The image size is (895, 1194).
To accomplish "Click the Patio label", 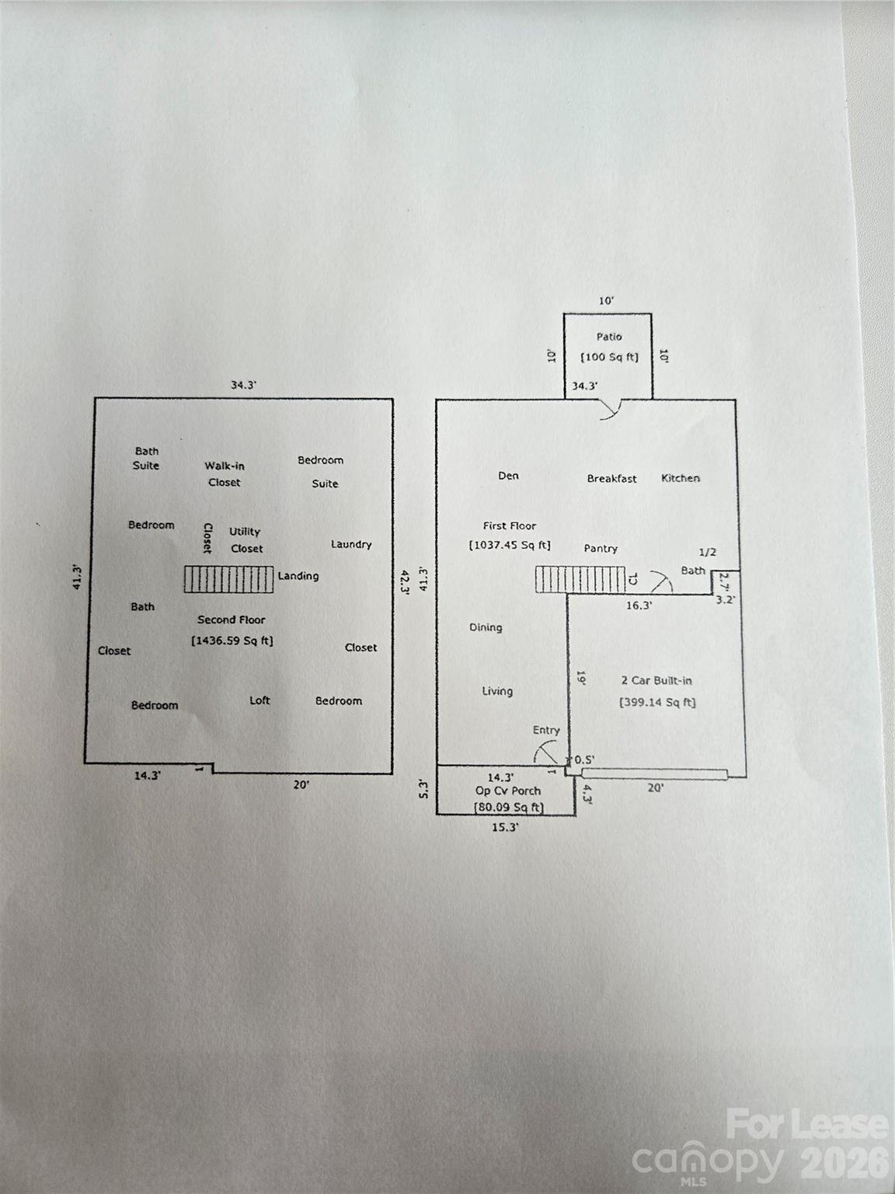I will (x=609, y=337).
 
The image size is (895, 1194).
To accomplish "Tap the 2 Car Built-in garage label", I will (x=656, y=680).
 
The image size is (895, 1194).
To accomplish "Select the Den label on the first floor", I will (x=508, y=476).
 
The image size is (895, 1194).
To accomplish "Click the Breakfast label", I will (x=611, y=479).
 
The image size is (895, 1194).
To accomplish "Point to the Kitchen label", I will (x=681, y=478).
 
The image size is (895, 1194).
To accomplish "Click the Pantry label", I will (x=601, y=549).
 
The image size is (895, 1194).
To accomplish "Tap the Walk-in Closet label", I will (x=225, y=474).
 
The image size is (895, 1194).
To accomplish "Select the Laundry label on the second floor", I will (x=351, y=544).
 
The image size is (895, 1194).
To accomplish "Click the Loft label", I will (x=259, y=700).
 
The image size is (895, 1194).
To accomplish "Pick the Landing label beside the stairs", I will (x=298, y=576).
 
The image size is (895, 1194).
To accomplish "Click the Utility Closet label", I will (x=246, y=540).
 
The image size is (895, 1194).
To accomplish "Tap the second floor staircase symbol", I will (x=229, y=579).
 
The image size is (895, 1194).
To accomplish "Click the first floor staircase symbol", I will (x=580, y=580).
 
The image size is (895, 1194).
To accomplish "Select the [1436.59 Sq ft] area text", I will (x=232, y=641).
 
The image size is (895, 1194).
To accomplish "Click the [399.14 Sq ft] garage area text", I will (x=657, y=703).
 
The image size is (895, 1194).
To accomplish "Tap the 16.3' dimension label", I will (x=639, y=606).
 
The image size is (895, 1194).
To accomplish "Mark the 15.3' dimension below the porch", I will (x=504, y=828).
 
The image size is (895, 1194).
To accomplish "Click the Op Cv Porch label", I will (x=508, y=791).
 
